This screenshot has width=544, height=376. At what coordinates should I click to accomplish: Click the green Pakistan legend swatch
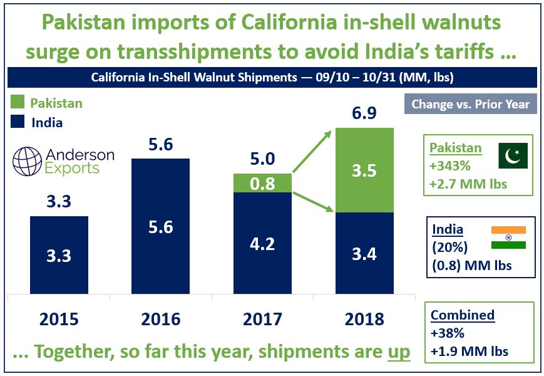[x=17, y=103]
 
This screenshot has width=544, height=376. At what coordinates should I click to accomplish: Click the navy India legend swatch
[x=17, y=122]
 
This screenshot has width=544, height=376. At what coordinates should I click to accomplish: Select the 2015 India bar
[x=59, y=255]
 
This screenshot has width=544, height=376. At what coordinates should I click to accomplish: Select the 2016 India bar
[x=160, y=226]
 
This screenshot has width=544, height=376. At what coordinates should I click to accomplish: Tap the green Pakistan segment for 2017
[x=262, y=183]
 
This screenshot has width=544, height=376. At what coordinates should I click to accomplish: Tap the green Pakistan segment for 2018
[x=364, y=170]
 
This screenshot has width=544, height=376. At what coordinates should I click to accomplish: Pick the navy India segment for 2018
[x=364, y=253]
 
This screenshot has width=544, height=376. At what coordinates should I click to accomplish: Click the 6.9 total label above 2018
[x=364, y=115]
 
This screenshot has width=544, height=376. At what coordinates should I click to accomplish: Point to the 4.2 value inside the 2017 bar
[x=262, y=243]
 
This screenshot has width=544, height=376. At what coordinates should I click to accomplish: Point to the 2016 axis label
[x=160, y=319]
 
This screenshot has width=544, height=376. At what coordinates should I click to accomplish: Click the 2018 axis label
[x=364, y=319]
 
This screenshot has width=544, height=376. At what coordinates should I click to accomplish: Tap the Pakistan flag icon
[x=512, y=155]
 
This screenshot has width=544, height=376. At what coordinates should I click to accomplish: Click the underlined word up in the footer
[x=397, y=352]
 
